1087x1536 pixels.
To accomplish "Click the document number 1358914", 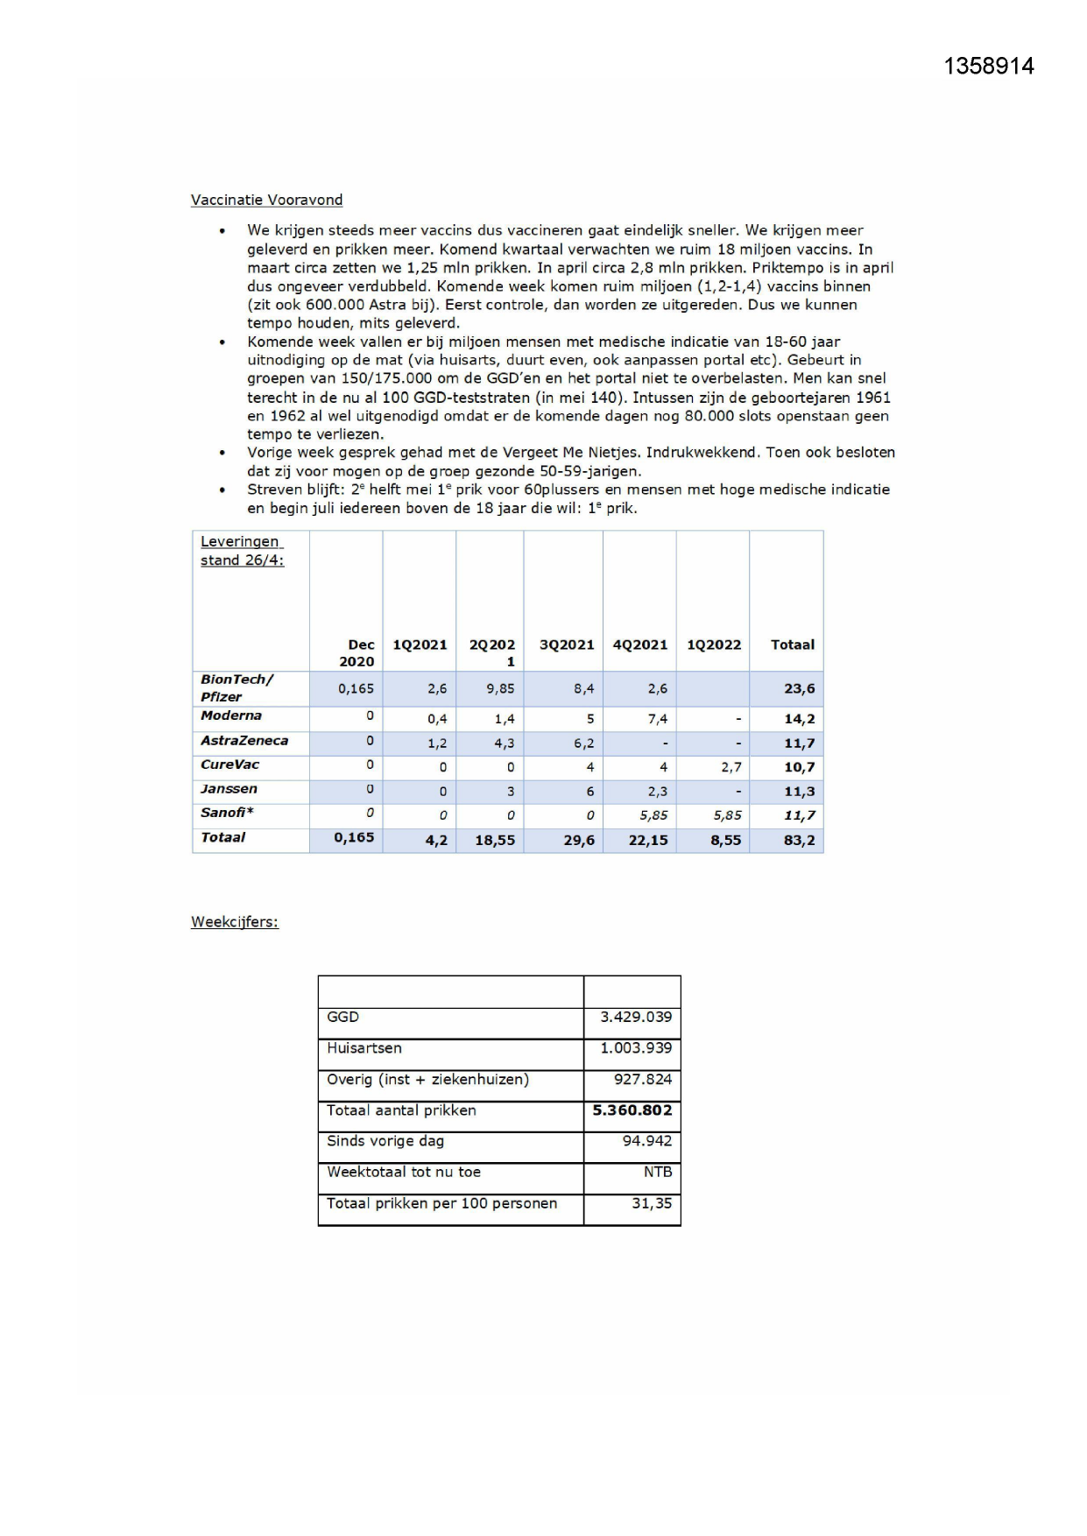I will [989, 67].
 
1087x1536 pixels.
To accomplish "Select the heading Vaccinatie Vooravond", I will [266, 201].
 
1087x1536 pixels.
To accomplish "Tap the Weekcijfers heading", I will [235, 922].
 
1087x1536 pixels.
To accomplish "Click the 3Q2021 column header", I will [567, 645].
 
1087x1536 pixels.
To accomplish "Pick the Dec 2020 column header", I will [357, 653].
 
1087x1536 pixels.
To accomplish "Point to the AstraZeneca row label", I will [244, 741].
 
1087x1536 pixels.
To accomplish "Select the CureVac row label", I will [229, 764].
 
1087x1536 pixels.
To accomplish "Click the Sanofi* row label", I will [227, 813].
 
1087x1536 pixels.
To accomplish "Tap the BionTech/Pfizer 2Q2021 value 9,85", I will [500, 689].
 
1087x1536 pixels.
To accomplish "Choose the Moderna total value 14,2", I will [799, 719].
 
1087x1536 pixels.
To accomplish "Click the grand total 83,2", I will [799, 841].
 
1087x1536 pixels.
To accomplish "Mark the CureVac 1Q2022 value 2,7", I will [731, 767].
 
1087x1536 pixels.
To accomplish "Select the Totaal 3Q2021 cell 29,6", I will [579, 841].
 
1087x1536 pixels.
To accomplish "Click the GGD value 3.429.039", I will [636, 1018].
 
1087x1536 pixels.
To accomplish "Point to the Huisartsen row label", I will [364, 1048].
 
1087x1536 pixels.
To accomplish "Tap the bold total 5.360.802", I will [632, 1110].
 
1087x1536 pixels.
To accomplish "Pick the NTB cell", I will [658, 1173].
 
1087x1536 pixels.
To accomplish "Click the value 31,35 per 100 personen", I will [652, 1204].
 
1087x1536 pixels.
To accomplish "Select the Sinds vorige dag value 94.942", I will [647, 1142].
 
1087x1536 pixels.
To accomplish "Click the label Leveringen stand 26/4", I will [242, 551].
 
